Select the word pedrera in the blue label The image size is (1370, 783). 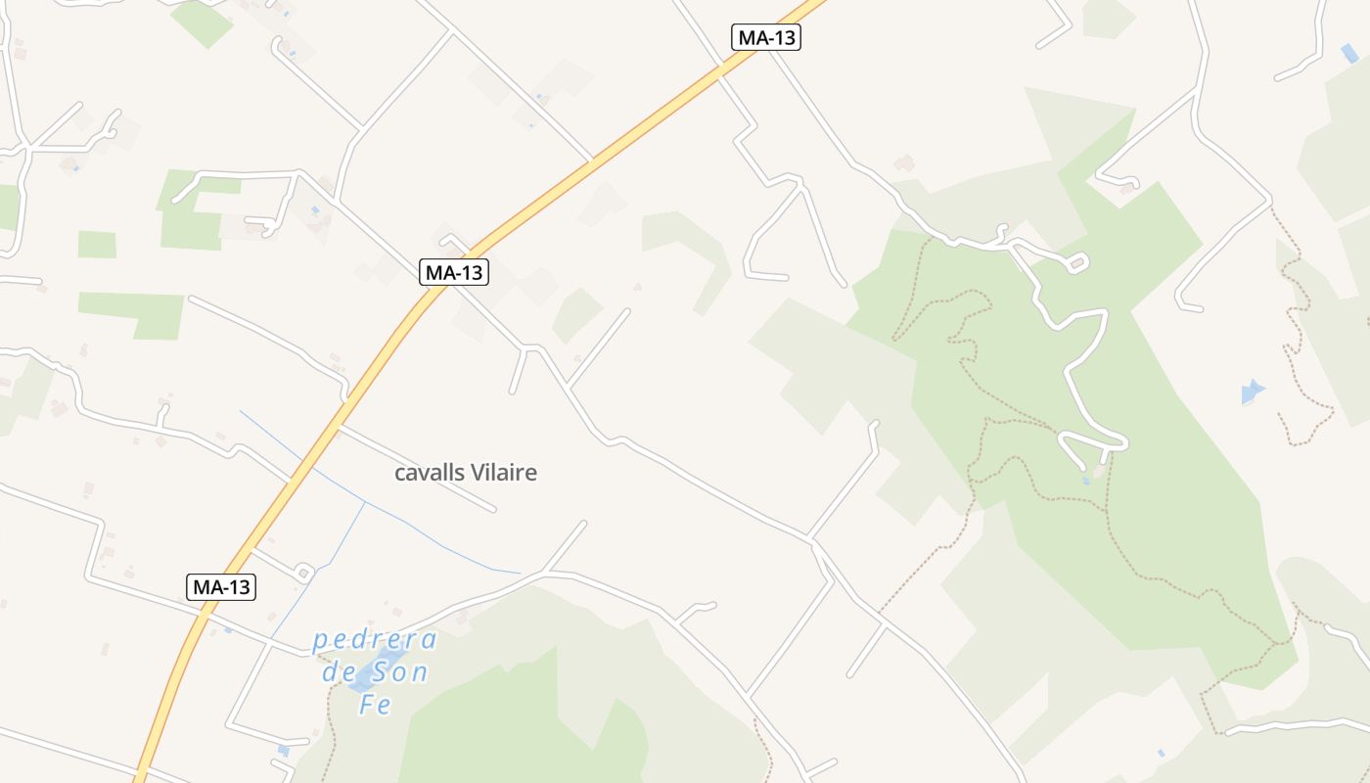coord(375,641)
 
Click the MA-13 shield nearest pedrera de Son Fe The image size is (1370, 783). coord(221,587)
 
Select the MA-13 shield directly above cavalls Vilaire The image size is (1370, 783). coord(454,272)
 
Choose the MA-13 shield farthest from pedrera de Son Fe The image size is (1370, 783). coord(766,37)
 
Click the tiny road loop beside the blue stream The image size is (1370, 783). coord(302,572)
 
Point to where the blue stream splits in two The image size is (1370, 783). coord(365,502)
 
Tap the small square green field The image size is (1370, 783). coord(97,244)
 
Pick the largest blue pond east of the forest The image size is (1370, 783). coord(1252,391)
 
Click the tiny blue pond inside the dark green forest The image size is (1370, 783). coord(1087,481)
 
